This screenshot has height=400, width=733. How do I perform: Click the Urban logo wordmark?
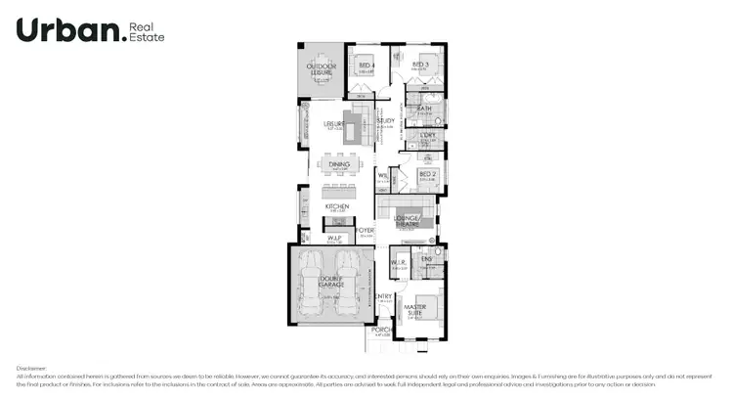click(x=70, y=31)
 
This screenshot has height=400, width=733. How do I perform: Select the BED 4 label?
click(x=366, y=65)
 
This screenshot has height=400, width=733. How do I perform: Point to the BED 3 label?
click(x=420, y=65)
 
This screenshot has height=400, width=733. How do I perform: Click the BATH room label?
click(x=425, y=109)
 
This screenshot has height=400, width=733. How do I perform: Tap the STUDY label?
click(x=386, y=121)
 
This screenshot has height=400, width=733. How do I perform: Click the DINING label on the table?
click(x=339, y=164)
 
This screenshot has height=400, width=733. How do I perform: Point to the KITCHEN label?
click(x=337, y=206)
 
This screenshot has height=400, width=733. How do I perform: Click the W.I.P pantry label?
click(x=333, y=238)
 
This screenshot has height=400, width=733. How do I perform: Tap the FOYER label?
click(x=366, y=230)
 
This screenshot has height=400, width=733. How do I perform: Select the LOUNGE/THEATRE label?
click(x=409, y=220)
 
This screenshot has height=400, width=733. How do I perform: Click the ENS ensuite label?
click(x=426, y=258)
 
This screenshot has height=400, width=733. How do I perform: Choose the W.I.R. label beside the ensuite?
click(x=398, y=262)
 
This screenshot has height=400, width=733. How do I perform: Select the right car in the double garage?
click(x=347, y=283)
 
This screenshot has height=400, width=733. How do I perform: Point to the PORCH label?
click(x=381, y=330)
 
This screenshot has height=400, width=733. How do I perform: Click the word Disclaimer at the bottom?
click(x=32, y=369)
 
